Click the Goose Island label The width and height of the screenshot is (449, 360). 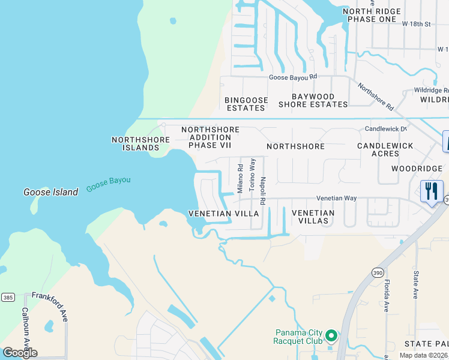pyautogui.click(x=50, y=192)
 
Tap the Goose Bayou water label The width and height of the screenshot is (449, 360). pyautogui.click(x=109, y=184)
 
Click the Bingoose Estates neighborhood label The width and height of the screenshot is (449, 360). pyautogui.click(x=246, y=104)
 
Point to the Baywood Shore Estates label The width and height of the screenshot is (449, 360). pyautogui.click(x=313, y=100)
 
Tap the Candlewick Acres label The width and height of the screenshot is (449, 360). pyautogui.click(x=385, y=150)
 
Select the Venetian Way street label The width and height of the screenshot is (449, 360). pyautogui.click(x=337, y=199)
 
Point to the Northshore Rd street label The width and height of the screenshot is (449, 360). pyautogui.click(x=375, y=96)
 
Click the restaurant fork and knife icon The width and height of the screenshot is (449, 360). pyautogui.click(x=431, y=191)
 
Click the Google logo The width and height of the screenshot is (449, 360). pyautogui.click(x=20, y=353)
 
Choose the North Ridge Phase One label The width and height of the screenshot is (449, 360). pyautogui.click(x=369, y=15)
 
